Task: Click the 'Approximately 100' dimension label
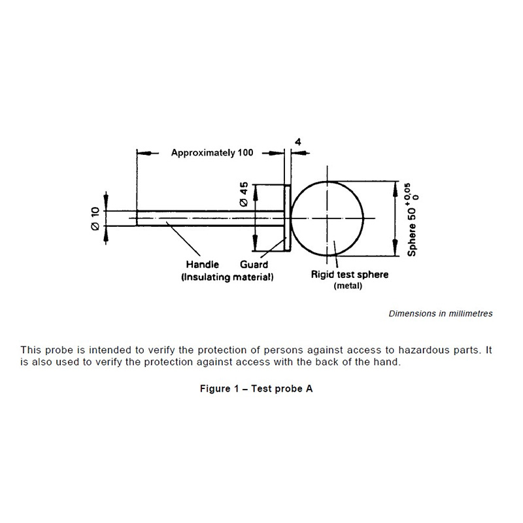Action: coord(212,153)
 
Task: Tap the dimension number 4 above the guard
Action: coord(298,142)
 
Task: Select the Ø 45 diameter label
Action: coord(244,194)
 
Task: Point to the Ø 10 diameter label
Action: coord(95,218)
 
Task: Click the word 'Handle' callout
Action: coord(203,265)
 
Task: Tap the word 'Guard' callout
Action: coord(254,265)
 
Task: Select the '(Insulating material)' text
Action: coord(227,277)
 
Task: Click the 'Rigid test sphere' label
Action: coord(350,275)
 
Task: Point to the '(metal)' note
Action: coord(348,286)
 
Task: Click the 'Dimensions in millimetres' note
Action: coord(441,314)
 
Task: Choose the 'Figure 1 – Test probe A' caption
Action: coord(256,388)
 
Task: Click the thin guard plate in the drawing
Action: coord(287,218)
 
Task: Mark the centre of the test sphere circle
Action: coord(328,218)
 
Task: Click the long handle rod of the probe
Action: coord(210,218)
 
